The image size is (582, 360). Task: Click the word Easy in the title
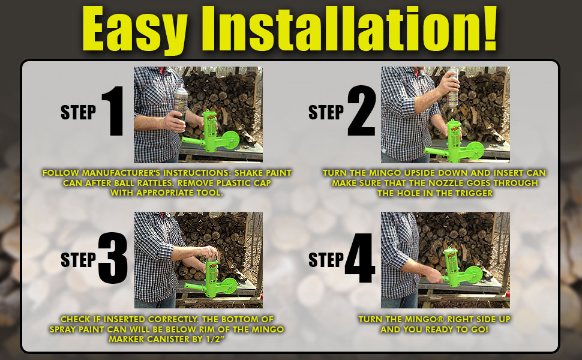[134, 29]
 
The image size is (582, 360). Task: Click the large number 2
[362, 110]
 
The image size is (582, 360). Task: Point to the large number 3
[113, 258]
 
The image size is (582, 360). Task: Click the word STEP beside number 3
[79, 260]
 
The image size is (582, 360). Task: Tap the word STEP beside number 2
[326, 112]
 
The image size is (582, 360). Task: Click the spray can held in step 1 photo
[181, 104]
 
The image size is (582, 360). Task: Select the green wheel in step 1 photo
[231, 140]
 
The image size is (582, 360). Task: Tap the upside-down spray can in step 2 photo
[453, 88]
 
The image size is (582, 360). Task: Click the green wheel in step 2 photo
[475, 151]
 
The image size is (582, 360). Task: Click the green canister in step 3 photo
[211, 278]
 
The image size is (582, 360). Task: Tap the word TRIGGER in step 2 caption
[472, 193]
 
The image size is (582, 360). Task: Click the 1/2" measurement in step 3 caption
[216, 339]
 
